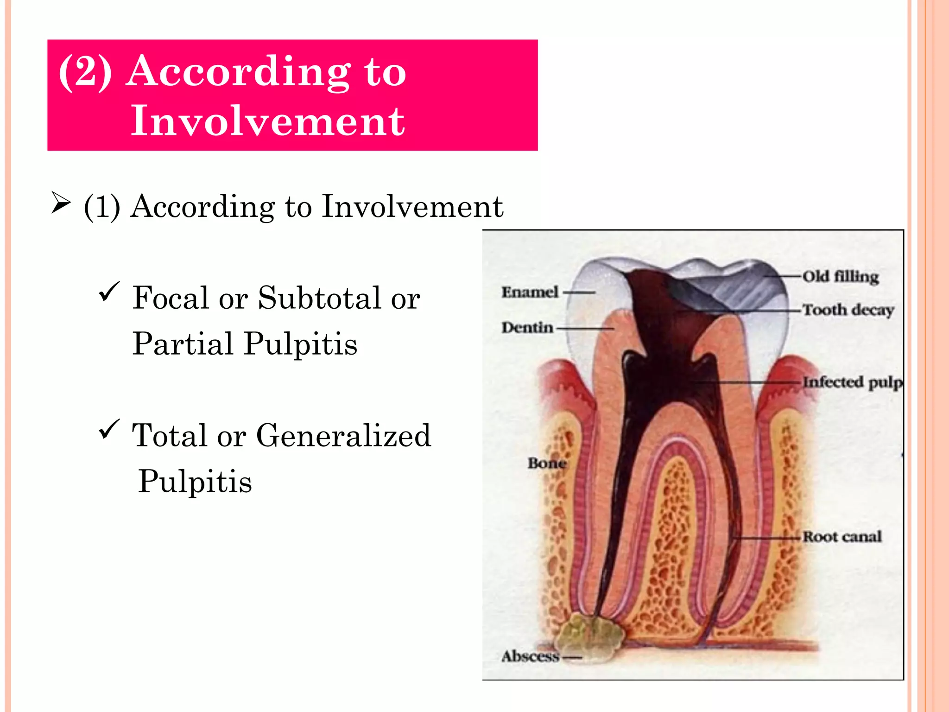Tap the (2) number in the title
tap(85, 71)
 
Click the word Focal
tap(170, 298)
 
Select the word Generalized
tap(343, 436)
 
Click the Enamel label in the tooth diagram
tap(530, 292)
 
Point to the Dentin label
tap(527, 327)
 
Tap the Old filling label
tap(840, 277)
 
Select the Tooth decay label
tap(848, 310)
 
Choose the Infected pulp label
tap(853, 382)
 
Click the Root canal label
tap(842, 537)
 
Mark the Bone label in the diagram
tap(547, 463)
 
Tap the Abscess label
tap(531, 656)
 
